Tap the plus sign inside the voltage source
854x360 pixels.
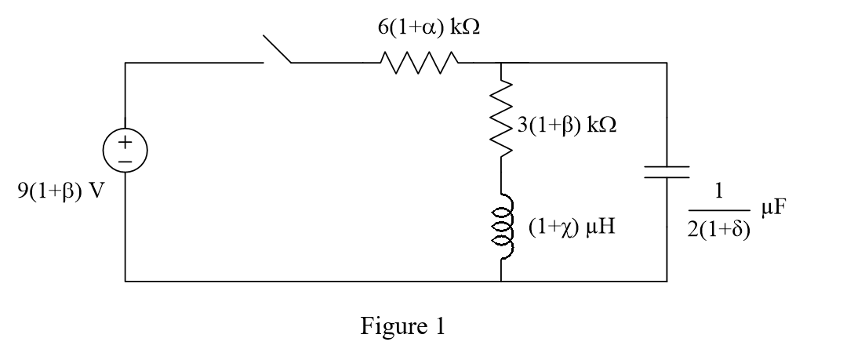(x=125, y=144)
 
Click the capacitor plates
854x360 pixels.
(x=667, y=172)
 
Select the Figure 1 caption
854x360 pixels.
(x=402, y=325)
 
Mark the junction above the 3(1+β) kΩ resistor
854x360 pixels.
(x=501, y=61)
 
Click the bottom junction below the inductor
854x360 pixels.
(x=501, y=279)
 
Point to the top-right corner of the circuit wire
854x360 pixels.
(x=667, y=61)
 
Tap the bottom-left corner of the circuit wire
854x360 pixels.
(x=125, y=279)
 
